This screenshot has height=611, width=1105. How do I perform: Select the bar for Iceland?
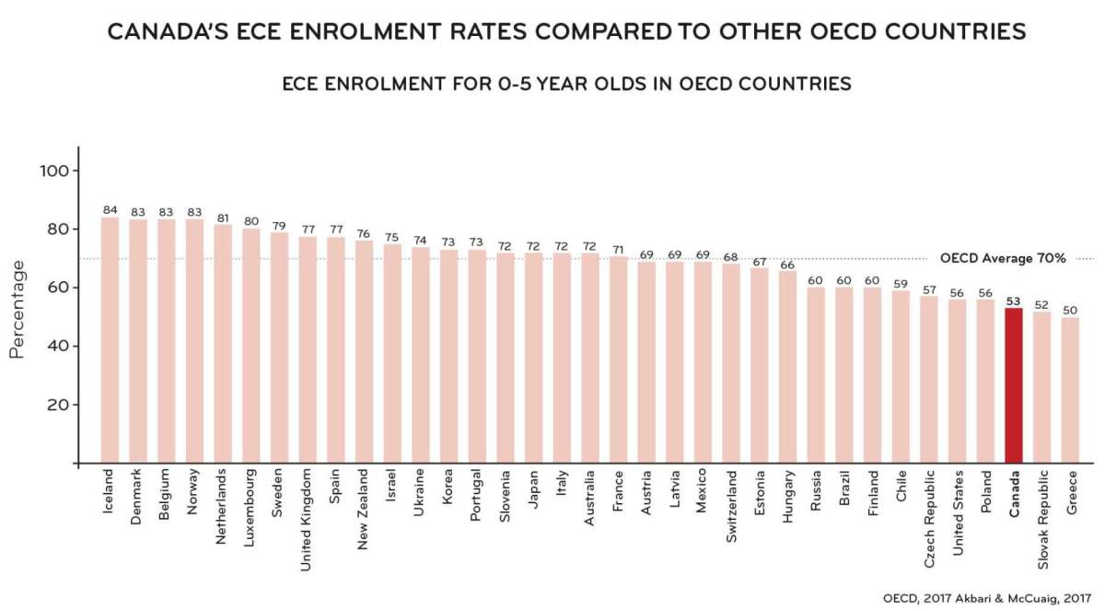110,341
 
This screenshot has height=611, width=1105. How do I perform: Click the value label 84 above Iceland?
110,210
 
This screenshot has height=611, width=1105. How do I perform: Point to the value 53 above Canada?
1013,300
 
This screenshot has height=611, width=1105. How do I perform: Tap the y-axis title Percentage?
17,309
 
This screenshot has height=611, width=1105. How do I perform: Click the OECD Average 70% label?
1003,259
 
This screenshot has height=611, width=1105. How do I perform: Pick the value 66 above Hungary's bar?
787,264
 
